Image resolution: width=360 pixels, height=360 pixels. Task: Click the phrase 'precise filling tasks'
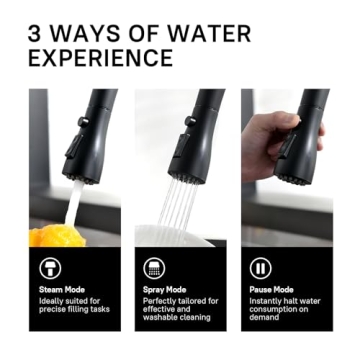click(x=72, y=309)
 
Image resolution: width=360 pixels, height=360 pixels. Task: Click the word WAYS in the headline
click(x=95, y=33)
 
